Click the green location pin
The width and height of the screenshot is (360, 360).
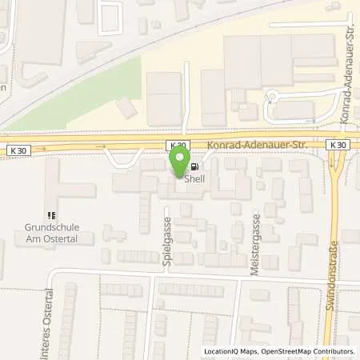(x=178, y=164)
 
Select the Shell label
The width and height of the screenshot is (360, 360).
(x=195, y=179)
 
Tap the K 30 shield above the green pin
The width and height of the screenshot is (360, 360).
(x=178, y=145)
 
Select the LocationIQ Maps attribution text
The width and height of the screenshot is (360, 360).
(x=230, y=351)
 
